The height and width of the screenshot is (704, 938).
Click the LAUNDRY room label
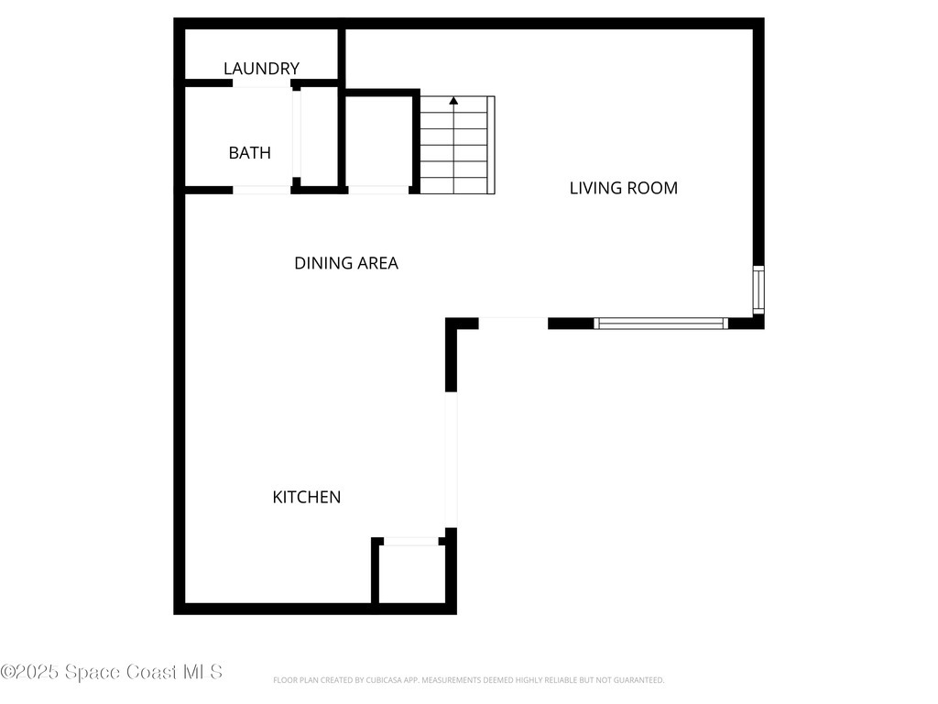click(x=261, y=69)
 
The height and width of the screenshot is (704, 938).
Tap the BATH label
click(x=249, y=153)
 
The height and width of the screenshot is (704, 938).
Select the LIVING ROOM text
click(x=623, y=188)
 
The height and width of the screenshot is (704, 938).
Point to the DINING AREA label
click(x=345, y=263)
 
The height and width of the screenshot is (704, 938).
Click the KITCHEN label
click(x=306, y=497)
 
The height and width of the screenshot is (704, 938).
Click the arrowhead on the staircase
click(x=453, y=101)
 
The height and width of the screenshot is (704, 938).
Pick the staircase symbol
click(x=456, y=145)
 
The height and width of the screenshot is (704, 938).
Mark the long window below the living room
click(x=660, y=323)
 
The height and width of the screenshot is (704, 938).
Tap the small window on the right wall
click(x=758, y=290)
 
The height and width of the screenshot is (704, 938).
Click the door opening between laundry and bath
click(x=262, y=83)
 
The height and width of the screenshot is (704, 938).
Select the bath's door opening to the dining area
click(x=262, y=190)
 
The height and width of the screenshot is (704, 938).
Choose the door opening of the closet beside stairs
click(x=378, y=190)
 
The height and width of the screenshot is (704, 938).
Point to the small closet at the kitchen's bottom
click(x=410, y=574)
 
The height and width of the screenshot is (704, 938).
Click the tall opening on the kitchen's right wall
click(x=450, y=459)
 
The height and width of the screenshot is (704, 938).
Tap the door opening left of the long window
click(x=513, y=323)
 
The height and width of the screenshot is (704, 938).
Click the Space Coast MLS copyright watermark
click(x=111, y=672)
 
